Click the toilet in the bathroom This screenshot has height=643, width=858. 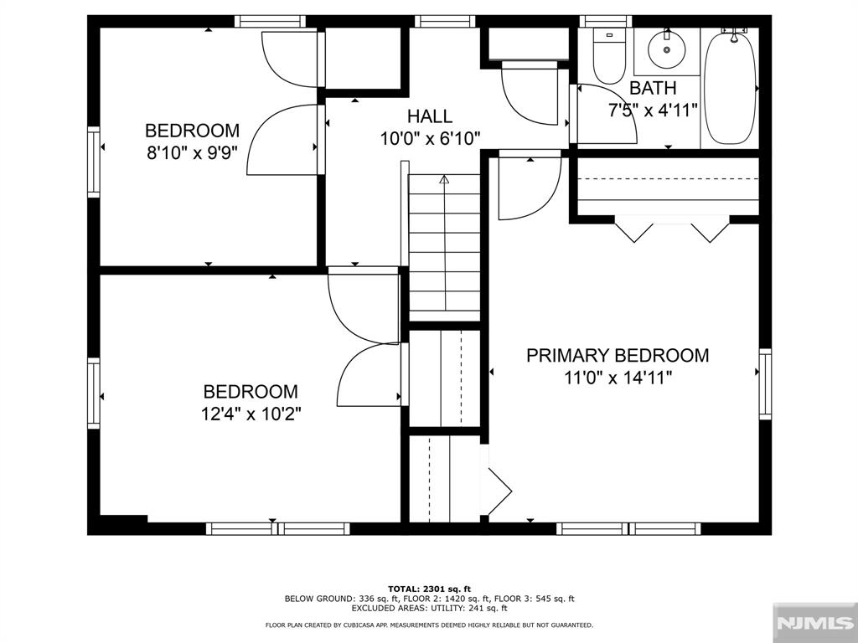[608, 54]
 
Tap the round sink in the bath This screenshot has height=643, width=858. [667, 49]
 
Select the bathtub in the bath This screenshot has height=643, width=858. [730, 86]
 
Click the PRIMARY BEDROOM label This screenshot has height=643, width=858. [617, 355]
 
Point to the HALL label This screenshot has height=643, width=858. [430, 116]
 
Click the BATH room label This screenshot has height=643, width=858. [653, 88]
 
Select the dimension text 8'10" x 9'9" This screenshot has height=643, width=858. [192, 153]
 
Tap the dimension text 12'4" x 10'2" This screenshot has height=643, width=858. [251, 414]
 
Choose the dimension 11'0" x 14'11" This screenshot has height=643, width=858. [617, 378]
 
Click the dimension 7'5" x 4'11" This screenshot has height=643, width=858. [653, 110]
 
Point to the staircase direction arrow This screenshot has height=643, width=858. [444, 179]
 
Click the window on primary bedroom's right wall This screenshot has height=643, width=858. [765, 384]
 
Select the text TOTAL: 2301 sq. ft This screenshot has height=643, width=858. [429, 588]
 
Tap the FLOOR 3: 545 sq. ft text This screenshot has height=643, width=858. [534, 599]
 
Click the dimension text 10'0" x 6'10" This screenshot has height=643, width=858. [430, 139]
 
